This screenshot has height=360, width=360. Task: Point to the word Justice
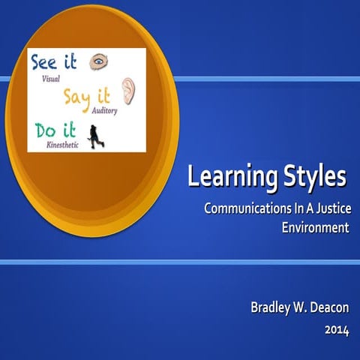(x=328, y=208)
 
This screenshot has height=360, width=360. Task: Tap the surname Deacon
(x=326, y=307)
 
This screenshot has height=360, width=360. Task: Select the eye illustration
(x=98, y=62)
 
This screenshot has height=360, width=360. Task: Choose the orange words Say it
(x=88, y=96)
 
